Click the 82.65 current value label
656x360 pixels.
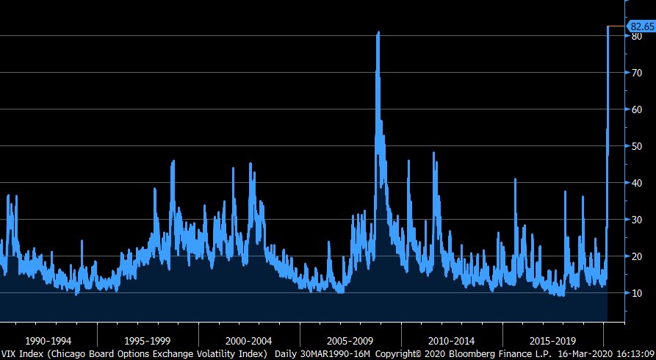point(641,26)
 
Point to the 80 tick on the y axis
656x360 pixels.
point(637,36)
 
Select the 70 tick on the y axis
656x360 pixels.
point(637,73)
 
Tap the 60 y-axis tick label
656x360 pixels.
point(637,109)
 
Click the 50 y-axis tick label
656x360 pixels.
point(637,146)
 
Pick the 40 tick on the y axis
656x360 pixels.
point(637,183)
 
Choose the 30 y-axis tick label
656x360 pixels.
point(637,220)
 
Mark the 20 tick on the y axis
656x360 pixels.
point(637,256)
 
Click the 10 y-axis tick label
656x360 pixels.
point(637,293)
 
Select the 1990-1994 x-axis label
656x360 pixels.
point(48,341)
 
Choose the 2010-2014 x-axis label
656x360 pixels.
point(451,341)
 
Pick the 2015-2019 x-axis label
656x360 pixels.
point(552,341)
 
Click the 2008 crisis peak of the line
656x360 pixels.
point(378,33)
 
